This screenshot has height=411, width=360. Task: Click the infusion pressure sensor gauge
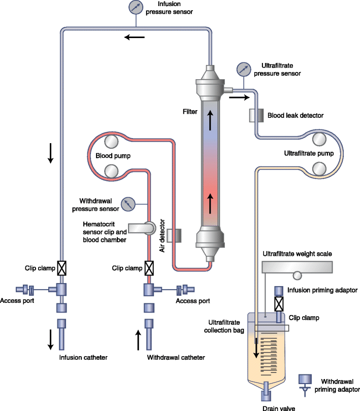point(136,7)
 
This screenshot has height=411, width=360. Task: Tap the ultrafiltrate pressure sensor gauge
point(244,68)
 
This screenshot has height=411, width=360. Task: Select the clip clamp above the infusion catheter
point(61,267)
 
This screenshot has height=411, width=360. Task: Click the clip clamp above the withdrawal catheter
point(149,267)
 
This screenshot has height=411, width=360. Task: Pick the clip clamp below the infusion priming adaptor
point(279,304)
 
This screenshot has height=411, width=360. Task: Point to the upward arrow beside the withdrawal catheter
point(139,339)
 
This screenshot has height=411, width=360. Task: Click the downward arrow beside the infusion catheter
point(51,339)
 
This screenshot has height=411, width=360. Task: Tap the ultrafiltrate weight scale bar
point(297,267)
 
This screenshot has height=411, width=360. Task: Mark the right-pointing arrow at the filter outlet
point(239,97)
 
